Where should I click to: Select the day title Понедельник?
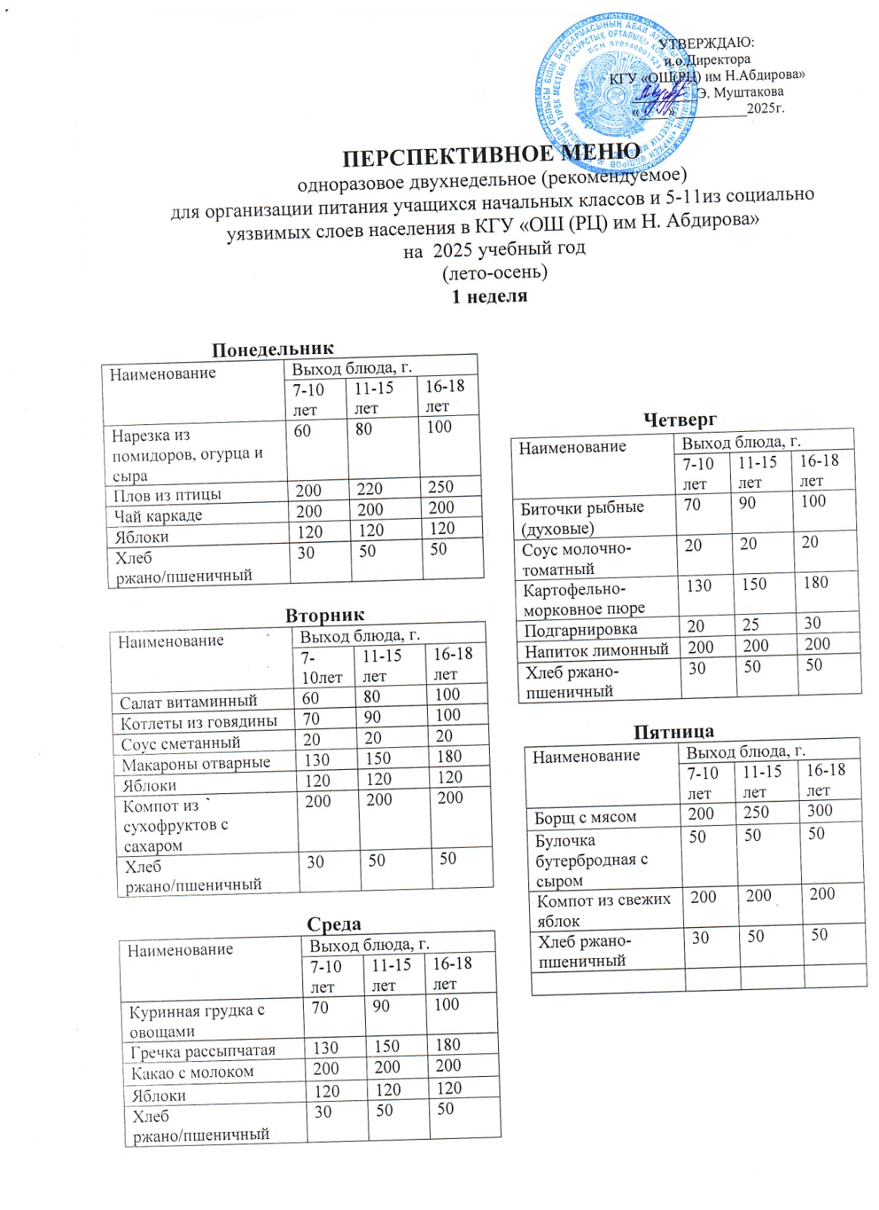(x=272, y=349)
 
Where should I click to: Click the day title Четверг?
(x=679, y=419)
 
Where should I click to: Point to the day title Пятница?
(x=673, y=731)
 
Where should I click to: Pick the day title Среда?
(x=334, y=923)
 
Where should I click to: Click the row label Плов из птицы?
(x=167, y=495)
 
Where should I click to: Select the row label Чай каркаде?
(x=158, y=516)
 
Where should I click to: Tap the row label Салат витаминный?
(x=188, y=702)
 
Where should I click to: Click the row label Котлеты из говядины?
(x=199, y=722)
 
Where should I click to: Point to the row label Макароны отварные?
(x=196, y=764)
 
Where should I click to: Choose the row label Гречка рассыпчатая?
(x=203, y=1051)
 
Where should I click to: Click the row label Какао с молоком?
(x=192, y=1072)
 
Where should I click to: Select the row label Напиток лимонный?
(x=596, y=650)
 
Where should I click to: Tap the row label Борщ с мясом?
(x=585, y=817)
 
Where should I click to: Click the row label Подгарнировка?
(x=580, y=629)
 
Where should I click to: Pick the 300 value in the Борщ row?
(x=819, y=811)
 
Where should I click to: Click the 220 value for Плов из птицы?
(x=370, y=489)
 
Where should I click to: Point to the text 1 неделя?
(x=489, y=296)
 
